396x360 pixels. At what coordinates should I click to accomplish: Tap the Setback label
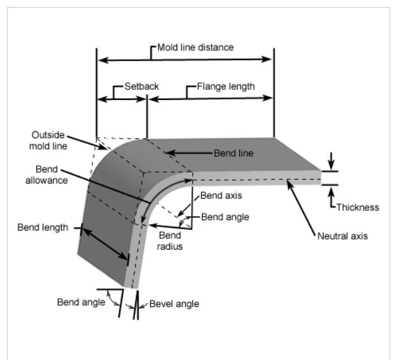pyautogui.click(x=141, y=86)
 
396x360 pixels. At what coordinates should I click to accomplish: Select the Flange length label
pyautogui.click(x=225, y=86)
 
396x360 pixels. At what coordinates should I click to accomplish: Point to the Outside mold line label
pyautogui.click(x=48, y=140)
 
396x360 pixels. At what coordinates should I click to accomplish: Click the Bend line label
pyautogui.click(x=232, y=154)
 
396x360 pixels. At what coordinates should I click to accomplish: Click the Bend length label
pyautogui.click(x=43, y=227)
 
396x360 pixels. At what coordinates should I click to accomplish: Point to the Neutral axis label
pyautogui.click(x=342, y=236)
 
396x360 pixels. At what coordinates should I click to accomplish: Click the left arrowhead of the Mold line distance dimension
pyautogui.click(x=100, y=59)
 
